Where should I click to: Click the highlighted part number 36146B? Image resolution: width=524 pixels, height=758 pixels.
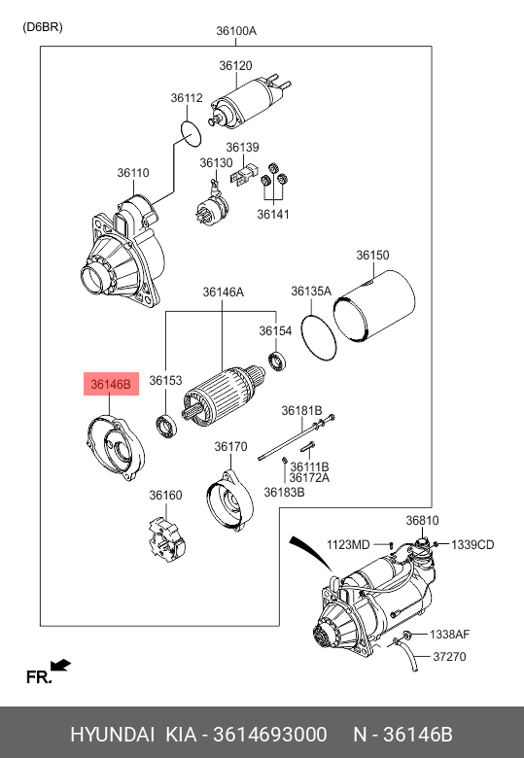pyautogui.click(x=111, y=384)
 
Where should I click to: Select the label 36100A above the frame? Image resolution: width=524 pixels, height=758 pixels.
pyautogui.click(x=236, y=31)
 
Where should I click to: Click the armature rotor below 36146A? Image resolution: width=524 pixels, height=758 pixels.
pyautogui.click(x=223, y=395)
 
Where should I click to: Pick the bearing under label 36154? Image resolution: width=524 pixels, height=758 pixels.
pyautogui.click(x=277, y=362)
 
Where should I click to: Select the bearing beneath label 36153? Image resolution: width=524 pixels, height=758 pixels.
pyautogui.click(x=166, y=427)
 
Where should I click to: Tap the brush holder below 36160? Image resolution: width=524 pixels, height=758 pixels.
pyautogui.click(x=167, y=539)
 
